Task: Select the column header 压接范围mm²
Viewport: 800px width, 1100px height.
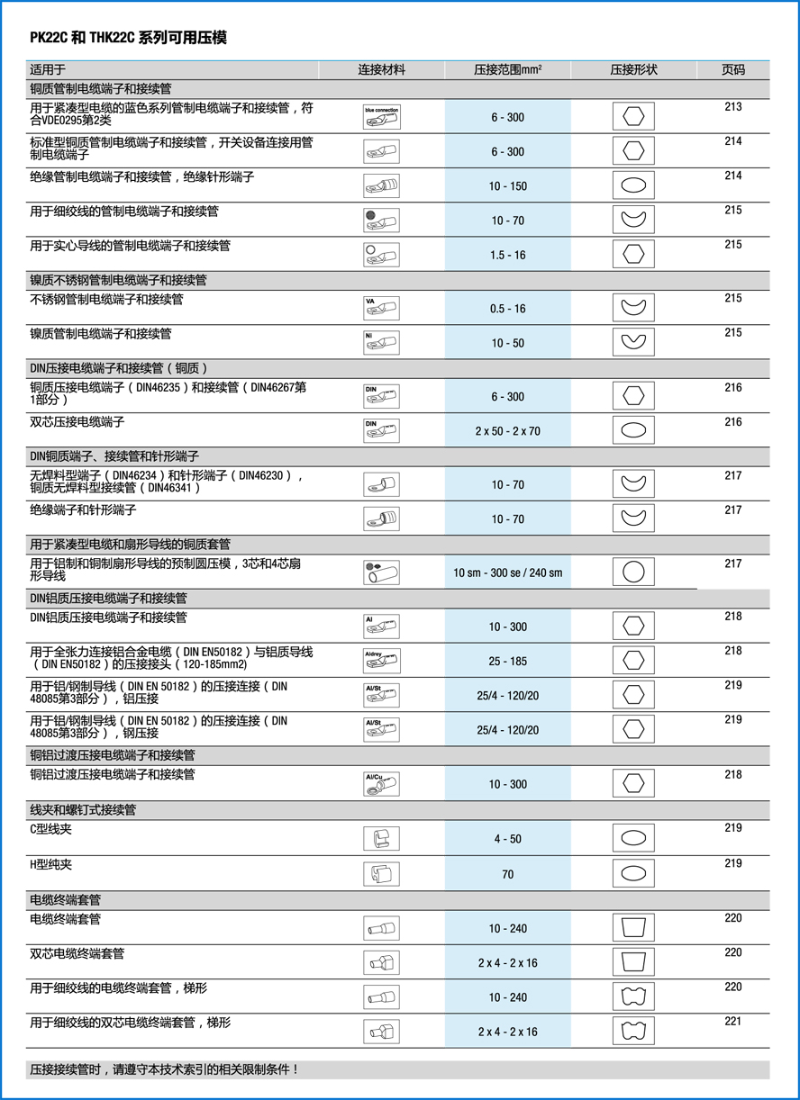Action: point(507,69)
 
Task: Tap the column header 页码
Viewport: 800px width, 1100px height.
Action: point(732,69)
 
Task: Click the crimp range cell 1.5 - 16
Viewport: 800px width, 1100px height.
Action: point(507,255)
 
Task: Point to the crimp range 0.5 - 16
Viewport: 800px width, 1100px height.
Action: point(507,309)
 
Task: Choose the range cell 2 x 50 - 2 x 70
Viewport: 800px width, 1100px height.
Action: point(507,431)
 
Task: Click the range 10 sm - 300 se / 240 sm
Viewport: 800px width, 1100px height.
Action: point(507,573)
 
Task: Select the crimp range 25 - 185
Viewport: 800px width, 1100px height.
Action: point(507,661)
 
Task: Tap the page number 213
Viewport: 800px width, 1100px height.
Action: point(732,107)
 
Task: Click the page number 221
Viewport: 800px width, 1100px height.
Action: point(732,1022)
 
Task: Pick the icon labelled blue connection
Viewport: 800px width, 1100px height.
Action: point(381,117)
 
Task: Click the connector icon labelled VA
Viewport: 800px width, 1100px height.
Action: point(381,308)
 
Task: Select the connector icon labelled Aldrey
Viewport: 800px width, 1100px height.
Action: point(381,661)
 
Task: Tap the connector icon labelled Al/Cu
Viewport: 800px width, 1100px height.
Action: point(381,784)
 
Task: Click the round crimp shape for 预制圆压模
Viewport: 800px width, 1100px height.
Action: point(633,573)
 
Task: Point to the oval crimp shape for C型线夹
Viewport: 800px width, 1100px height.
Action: point(633,838)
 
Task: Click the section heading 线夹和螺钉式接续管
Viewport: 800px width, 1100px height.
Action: point(83,810)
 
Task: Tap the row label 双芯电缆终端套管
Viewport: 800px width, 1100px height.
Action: point(77,953)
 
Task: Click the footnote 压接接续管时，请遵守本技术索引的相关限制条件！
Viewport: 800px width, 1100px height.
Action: point(164,1070)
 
